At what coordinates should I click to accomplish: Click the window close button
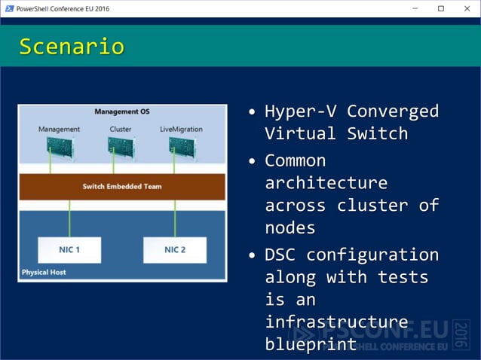(467, 8)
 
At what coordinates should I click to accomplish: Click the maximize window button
(441, 8)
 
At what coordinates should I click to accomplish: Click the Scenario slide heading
(72, 47)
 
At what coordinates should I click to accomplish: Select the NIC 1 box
(69, 250)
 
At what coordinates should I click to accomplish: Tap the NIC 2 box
(175, 250)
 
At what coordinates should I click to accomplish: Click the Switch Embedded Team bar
(122, 186)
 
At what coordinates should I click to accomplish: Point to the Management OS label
(122, 112)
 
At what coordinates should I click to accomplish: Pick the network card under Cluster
(121, 146)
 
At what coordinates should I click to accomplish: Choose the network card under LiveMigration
(182, 146)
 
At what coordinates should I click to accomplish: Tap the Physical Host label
(44, 272)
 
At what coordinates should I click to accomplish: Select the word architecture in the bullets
(326, 183)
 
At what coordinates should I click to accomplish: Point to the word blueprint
(311, 344)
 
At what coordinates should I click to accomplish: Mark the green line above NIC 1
(69, 218)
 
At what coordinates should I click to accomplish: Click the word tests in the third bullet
(403, 277)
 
